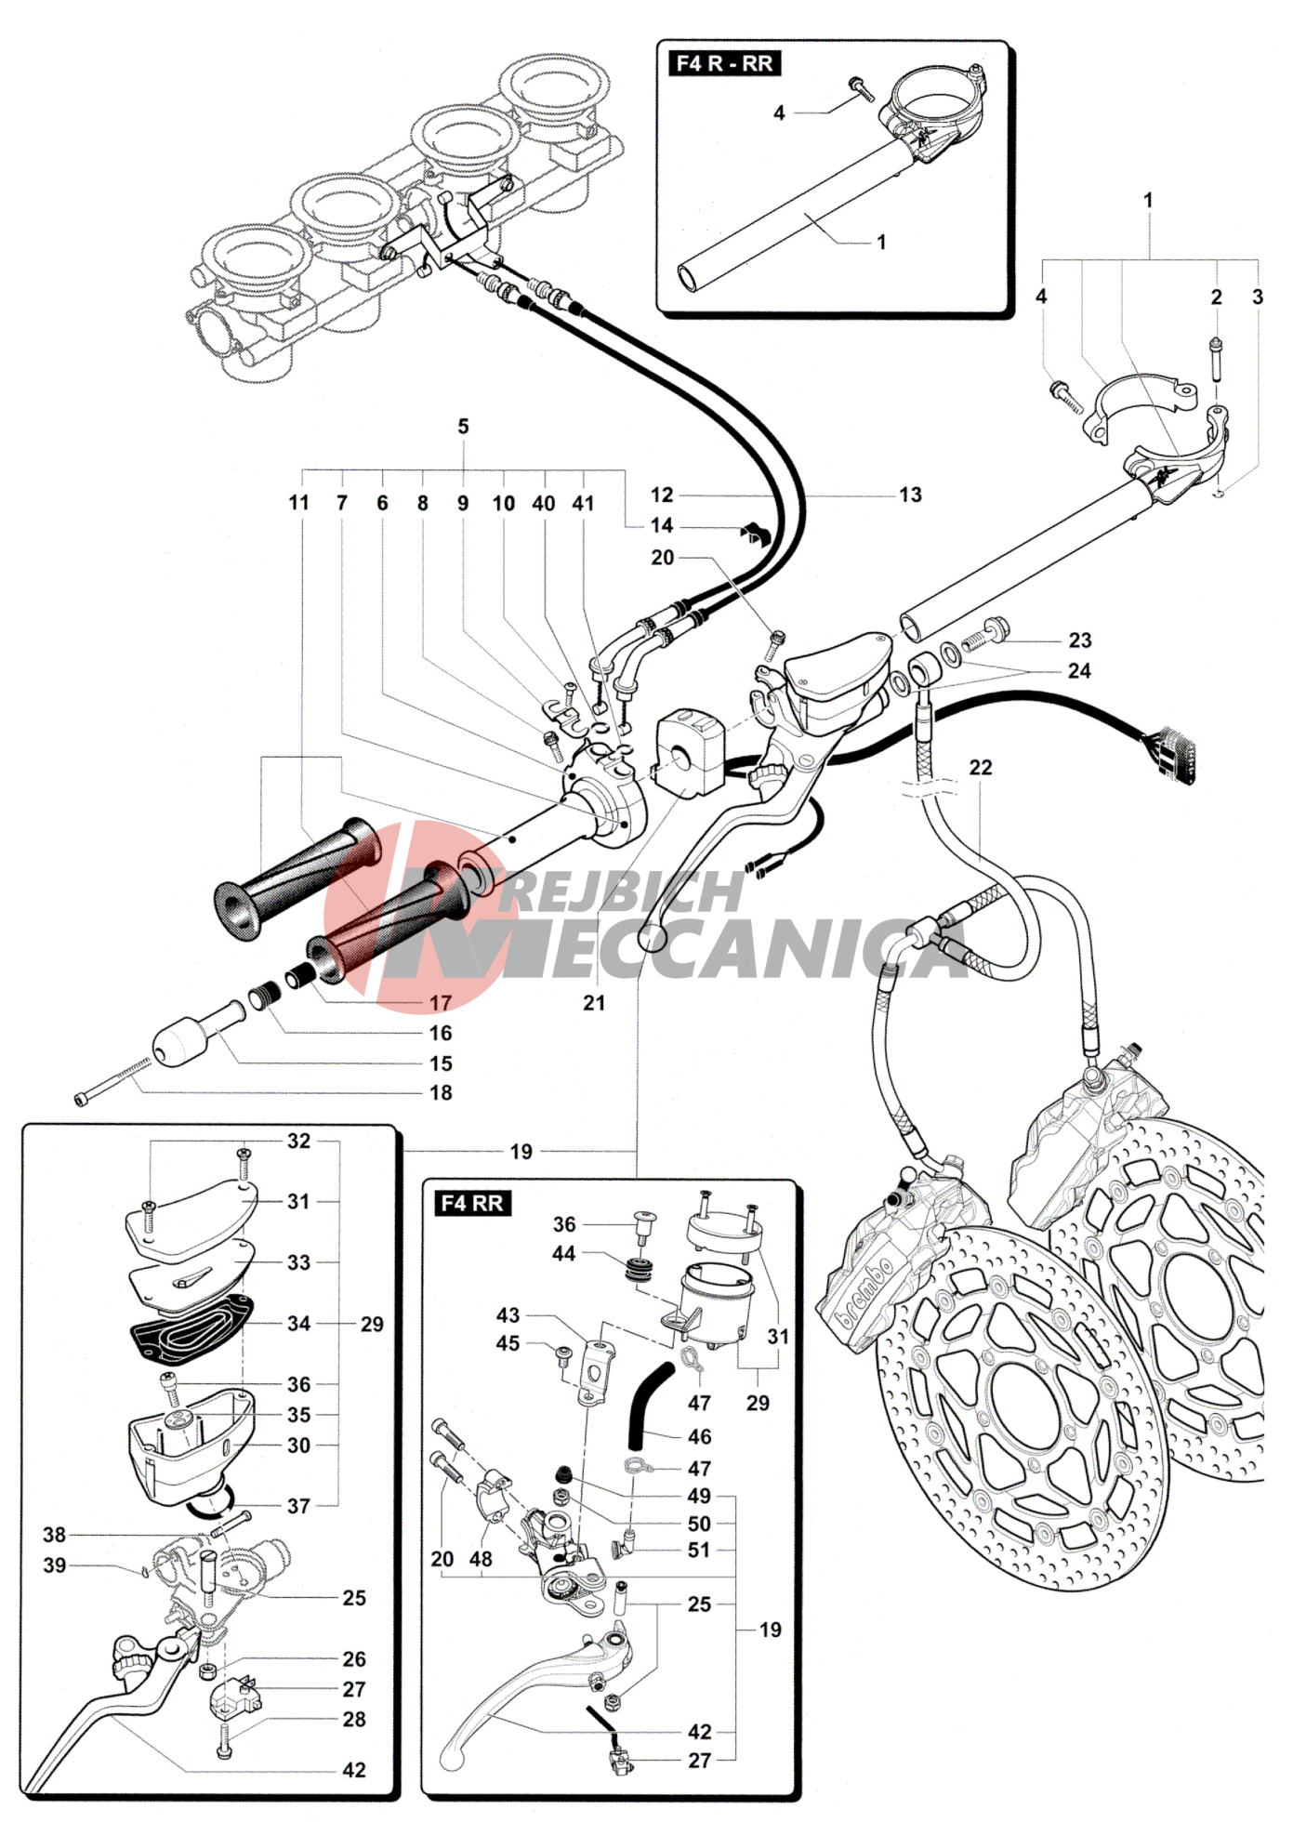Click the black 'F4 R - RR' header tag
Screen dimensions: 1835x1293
tap(724, 63)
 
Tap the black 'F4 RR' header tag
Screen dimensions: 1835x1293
tap(472, 1203)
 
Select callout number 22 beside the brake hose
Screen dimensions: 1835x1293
tap(981, 767)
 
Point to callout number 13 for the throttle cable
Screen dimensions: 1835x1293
tap(910, 495)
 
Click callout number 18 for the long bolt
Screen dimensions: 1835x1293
tap(441, 1092)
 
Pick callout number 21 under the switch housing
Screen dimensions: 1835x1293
tap(594, 1002)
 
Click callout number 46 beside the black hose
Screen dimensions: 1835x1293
tap(699, 1436)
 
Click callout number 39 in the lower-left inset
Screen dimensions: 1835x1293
tap(55, 1565)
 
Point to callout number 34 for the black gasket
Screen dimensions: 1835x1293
tap(298, 1323)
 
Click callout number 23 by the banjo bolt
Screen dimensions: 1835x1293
tap(1079, 640)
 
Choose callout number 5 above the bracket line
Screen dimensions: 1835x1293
tap(463, 427)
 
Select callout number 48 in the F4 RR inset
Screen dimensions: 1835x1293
tap(481, 1559)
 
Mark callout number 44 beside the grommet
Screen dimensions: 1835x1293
tap(564, 1253)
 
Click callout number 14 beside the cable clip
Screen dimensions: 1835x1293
tap(661, 525)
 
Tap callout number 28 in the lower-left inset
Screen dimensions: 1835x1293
tap(354, 1719)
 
